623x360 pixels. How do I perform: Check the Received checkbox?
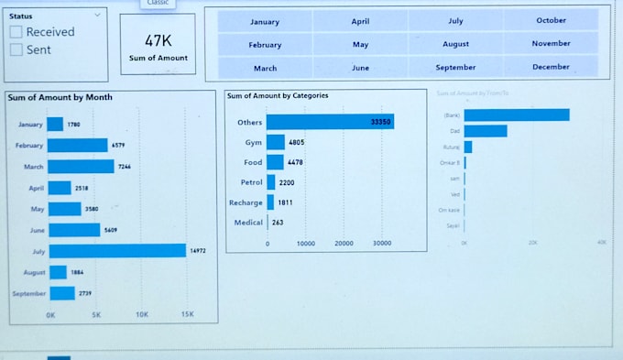coord(16,32)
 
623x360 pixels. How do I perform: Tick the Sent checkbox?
coord(16,50)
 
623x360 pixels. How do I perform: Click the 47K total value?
coord(158,41)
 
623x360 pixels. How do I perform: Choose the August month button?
coord(455,44)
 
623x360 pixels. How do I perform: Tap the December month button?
coord(551,67)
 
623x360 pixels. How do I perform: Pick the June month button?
coord(360,68)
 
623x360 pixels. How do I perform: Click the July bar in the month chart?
coord(116,251)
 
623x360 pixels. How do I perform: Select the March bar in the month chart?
coord(81,167)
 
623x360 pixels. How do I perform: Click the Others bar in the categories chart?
coord(330,122)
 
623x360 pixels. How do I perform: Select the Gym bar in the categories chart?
coord(276,143)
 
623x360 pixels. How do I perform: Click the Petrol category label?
coord(250,182)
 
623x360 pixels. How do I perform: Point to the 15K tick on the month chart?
coord(186,314)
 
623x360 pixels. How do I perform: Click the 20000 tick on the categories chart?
coord(344,244)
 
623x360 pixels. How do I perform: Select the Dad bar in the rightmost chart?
coord(485,131)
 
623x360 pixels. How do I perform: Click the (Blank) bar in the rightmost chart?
coord(516,115)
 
